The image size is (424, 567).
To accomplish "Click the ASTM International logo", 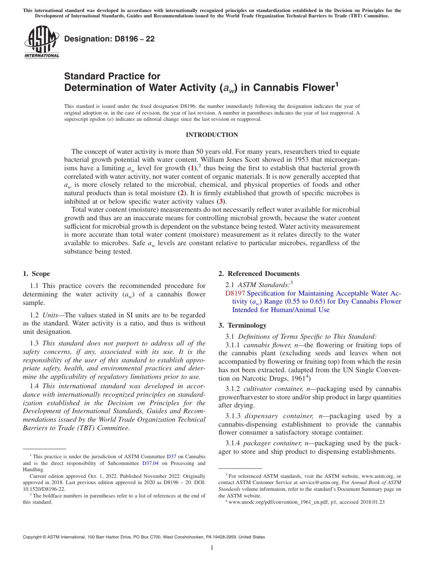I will (42, 43).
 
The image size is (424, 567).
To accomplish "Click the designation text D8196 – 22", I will (109, 39).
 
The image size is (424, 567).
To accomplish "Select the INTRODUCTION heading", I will (212, 135).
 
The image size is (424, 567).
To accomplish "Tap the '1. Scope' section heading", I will (36, 274).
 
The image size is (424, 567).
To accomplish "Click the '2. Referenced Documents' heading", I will (259, 274).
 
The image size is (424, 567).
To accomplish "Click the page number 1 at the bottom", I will (212, 548).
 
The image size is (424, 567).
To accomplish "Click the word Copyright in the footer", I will (33, 537).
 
